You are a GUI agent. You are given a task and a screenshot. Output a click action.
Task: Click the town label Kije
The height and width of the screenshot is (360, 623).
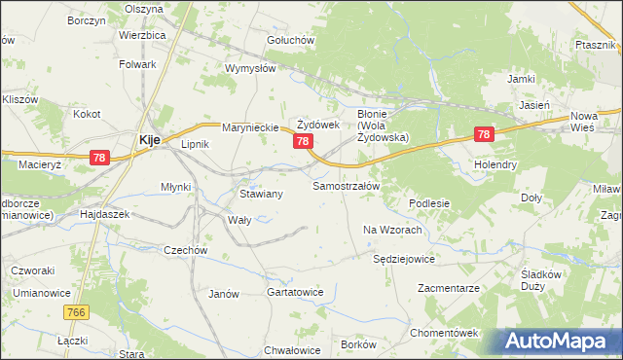pos(150,139)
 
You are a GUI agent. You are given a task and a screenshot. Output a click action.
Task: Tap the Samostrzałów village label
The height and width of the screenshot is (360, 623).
pos(351,185)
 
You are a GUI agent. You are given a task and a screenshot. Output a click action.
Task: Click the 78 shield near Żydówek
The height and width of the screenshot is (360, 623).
pos(304,142)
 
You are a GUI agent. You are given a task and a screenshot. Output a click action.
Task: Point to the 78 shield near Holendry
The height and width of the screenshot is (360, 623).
pos(483,135)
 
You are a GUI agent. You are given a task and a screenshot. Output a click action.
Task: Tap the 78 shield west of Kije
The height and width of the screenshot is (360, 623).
pos(97,158)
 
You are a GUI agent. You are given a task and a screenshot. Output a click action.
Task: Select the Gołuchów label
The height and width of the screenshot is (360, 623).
pos(290,40)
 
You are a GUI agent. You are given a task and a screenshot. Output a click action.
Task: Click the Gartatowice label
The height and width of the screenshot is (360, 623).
pos(294,292)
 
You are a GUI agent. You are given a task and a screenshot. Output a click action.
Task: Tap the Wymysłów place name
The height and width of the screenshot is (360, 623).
pos(251,68)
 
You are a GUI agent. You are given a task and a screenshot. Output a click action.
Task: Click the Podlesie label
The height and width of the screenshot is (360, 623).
pos(429,203)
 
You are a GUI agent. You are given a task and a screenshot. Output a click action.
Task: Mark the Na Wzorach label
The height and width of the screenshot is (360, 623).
pos(392,230)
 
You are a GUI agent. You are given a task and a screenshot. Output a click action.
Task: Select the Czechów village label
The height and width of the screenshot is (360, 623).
pos(186,250)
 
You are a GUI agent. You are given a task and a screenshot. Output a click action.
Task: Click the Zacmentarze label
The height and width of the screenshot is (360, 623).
pos(449,289)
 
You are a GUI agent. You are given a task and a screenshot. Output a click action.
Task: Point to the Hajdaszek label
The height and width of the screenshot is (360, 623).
pos(104,212)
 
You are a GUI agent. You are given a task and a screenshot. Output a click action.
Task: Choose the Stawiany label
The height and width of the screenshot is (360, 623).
pos(261,194)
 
